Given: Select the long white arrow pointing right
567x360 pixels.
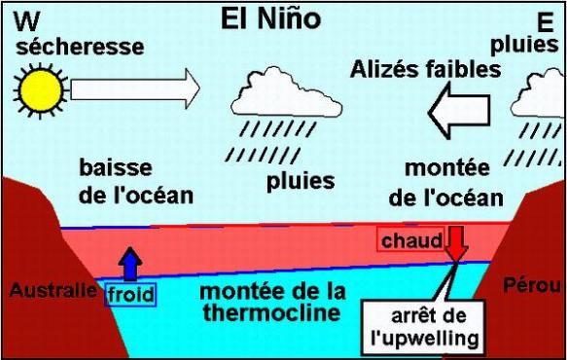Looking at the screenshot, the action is coord(134,90).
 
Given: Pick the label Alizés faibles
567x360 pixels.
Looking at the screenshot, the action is coord(427,68).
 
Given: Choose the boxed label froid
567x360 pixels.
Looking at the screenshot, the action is coord(130,293).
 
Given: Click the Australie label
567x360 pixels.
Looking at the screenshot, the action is coord(53,289).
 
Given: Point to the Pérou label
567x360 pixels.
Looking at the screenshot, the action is coord(528,285).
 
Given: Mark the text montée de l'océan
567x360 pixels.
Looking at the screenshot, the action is coord(445,183).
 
